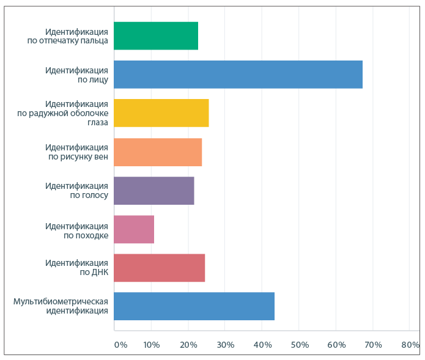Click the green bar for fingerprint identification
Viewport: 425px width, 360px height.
(156, 35)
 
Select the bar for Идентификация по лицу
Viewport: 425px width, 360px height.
(238, 74)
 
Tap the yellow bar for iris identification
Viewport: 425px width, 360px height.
(161, 112)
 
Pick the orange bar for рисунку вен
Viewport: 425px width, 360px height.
(158, 152)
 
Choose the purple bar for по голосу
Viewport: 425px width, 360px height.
(154, 190)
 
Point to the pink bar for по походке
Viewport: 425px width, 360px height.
(134, 229)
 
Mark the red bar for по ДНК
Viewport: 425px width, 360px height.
(160, 268)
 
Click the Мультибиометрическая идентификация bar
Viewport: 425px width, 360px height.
(194, 306)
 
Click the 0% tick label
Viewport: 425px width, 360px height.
(120, 345)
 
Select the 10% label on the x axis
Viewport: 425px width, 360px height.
(151, 345)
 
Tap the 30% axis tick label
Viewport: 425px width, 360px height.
(225, 345)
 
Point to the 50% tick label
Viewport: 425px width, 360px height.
(299, 345)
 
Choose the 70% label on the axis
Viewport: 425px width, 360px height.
(373, 345)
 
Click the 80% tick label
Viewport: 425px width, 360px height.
(410, 345)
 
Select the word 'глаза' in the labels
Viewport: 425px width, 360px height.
(97, 122)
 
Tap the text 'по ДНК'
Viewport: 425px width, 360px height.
(94, 273)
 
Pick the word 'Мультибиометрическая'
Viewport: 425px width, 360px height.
(61, 301)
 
